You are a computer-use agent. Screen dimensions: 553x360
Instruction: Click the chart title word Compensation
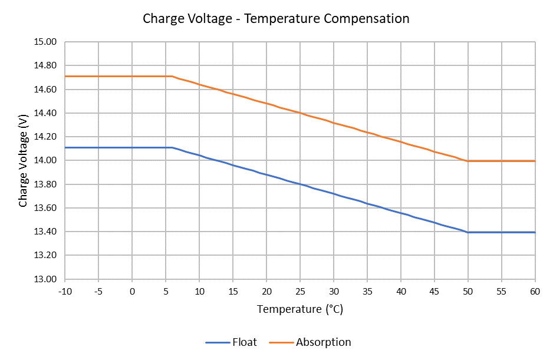(x=367, y=19)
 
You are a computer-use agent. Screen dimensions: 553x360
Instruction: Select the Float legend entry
(x=231, y=342)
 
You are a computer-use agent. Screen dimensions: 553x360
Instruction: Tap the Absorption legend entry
(x=310, y=342)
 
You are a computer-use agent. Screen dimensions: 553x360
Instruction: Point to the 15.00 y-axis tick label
(x=45, y=42)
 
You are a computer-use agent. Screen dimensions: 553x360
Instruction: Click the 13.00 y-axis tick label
(x=45, y=279)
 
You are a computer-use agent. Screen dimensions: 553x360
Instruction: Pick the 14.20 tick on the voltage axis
(x=45, y=137)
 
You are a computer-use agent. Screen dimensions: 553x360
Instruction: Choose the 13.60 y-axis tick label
(x=45, y=208)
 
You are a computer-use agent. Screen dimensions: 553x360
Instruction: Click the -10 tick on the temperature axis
(x=65, y=292)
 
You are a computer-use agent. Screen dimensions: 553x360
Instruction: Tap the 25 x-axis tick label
(x=300, y=292)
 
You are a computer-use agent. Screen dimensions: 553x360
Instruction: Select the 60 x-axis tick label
(x=535, y=292)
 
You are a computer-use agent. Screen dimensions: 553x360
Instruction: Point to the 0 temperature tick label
(x=132, y=292)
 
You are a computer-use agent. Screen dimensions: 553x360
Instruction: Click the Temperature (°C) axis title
(x=300, y=309)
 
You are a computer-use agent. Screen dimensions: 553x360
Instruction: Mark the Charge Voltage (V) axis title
(x=23, y=161)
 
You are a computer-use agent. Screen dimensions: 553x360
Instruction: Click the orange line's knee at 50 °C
(x=468, y=161)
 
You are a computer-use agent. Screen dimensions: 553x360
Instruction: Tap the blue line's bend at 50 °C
(x=468, y=232)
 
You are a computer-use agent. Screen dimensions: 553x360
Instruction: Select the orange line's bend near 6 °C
(x=173, y=76)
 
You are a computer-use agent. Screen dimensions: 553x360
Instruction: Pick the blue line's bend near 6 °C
(x=173, y=147)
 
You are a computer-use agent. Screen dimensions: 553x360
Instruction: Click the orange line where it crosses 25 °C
(x=300, y=113)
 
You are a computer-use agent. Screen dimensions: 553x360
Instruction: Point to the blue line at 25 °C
(x=300, y=184)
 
